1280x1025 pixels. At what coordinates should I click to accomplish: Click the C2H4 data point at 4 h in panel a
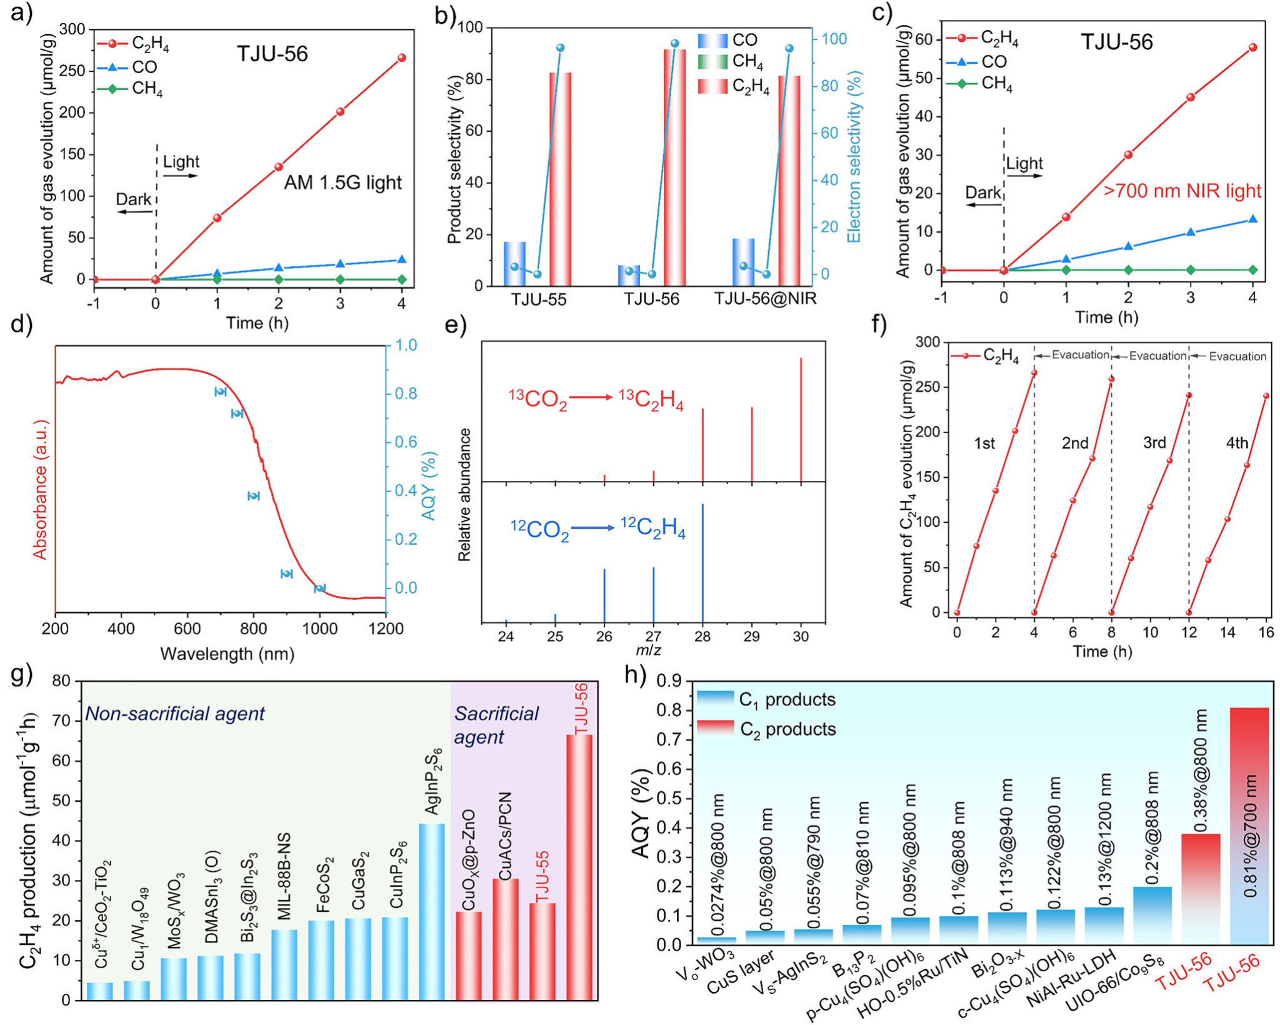401,58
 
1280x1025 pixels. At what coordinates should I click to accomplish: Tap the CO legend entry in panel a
144,67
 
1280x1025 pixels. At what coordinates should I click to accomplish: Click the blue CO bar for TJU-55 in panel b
514,263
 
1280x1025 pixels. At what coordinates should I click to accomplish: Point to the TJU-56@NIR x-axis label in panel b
766,299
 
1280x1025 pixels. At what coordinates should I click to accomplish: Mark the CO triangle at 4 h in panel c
1252,220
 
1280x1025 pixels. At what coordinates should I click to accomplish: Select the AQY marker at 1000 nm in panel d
319,588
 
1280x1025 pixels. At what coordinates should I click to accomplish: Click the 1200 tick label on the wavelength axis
386,629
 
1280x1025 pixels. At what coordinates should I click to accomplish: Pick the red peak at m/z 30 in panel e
801,419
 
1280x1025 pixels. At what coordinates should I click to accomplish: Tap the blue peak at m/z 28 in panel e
703,563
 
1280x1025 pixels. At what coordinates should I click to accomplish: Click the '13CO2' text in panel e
537,399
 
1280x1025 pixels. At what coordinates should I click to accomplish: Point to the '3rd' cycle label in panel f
1154,443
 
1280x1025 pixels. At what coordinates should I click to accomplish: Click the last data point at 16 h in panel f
1266,396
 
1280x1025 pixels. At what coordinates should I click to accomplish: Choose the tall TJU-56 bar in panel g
579,867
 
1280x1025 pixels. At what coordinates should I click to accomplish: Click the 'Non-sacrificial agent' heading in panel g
175,714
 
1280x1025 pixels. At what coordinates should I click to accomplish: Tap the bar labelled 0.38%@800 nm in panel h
1201,888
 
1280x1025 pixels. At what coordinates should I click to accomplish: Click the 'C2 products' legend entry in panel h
787,729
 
